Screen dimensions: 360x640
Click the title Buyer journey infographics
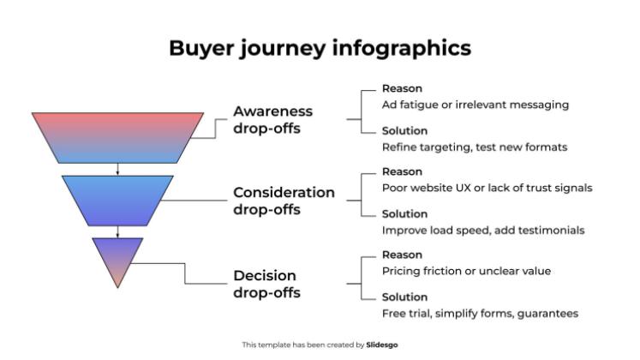pos(320,48)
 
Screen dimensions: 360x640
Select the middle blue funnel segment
pos(117,200)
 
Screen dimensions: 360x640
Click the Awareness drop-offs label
pos(272,120)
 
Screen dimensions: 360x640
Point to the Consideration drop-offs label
pos(284,201)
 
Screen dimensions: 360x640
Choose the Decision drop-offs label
pos(266,284)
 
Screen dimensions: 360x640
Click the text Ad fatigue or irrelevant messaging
pos(475,105)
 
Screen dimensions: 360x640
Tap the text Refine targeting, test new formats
pos(474,147)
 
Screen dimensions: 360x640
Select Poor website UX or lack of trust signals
pos(487,188)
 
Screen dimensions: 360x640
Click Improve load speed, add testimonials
pos(483,230)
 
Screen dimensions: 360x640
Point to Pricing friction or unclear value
pos(466,271)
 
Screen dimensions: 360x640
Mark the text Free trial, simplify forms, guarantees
pos(480,313)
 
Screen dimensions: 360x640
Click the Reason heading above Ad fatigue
pos(402,88)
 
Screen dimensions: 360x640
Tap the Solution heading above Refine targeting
pos(405,130)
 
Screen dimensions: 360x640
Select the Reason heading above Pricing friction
pos(402,255)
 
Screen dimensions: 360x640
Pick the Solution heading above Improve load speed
pos(405,214)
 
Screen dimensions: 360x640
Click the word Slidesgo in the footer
pos(382,345)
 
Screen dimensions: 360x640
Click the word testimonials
pos(553,230)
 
